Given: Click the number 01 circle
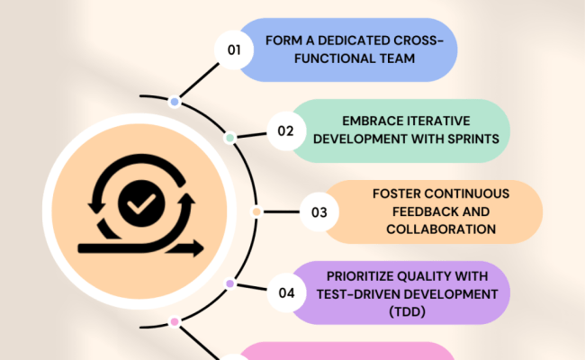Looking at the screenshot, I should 234,50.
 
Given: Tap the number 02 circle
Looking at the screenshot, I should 285,130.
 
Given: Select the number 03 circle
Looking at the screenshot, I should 319,212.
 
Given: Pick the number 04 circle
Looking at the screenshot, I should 286,292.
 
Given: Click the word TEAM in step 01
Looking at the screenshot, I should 398,59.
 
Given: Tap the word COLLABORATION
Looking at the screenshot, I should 441,229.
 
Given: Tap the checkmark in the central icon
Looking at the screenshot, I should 139,206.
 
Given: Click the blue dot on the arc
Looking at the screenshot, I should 174,102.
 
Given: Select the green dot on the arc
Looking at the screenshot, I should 229,138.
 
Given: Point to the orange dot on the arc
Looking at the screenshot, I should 256,212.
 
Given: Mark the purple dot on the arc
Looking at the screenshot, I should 229,283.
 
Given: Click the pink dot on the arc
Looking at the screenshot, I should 174,321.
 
